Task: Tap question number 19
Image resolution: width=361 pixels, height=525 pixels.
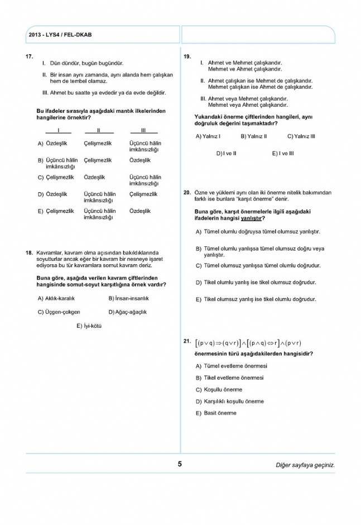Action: tap(187, 57)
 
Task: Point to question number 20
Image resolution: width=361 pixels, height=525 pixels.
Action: tap(187, 192)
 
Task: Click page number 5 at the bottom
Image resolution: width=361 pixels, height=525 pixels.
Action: tap(180, 464)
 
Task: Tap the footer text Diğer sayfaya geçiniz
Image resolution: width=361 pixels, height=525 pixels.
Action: tap(305, 465)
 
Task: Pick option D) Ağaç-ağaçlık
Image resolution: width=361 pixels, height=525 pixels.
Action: tap(128, 312)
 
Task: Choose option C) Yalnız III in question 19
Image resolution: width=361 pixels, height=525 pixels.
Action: tap(301, 136)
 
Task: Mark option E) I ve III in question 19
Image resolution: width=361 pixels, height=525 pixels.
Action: tap(283, 152)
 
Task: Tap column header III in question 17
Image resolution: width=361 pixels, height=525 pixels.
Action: tap(144, 131)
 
